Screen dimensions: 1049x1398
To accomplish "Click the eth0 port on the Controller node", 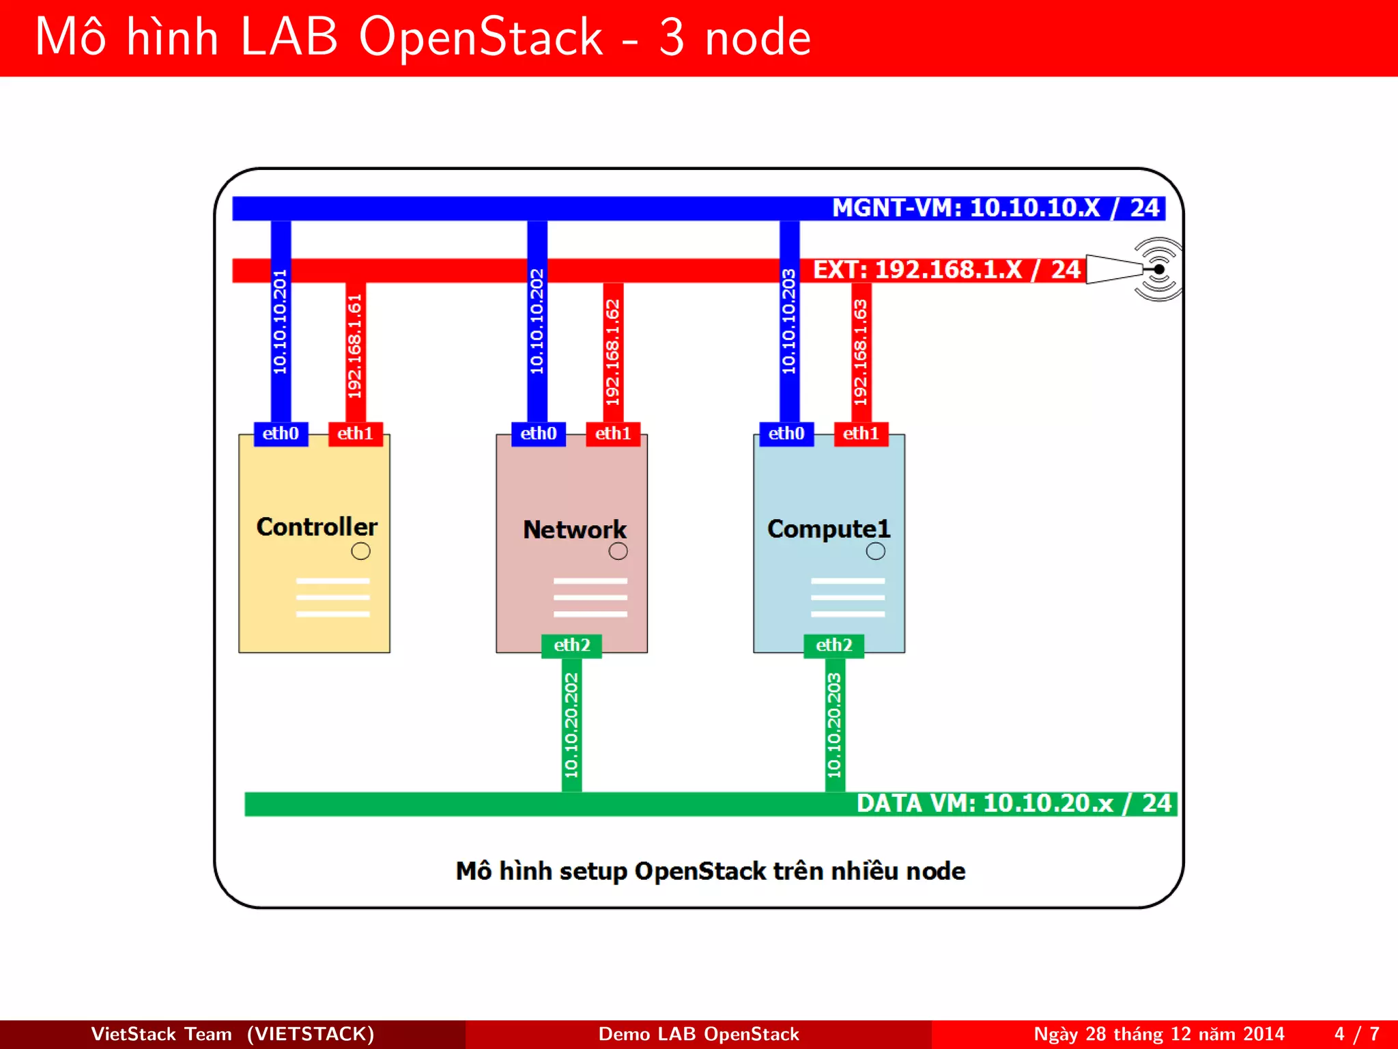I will click(x=281, y=434).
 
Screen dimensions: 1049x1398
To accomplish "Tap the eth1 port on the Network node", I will click(x=613, y=434).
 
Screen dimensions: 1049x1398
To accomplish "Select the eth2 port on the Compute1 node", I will click(x=833, y=645).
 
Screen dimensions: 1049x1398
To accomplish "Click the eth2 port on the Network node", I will click(x=571, y=645).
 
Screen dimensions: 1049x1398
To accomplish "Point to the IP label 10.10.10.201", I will click(x=281, y=322).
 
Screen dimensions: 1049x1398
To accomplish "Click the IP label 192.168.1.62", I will click(x=613, y=352).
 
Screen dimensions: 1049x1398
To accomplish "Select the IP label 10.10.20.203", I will click(x=834, y=725).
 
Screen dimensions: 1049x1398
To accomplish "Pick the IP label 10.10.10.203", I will click(x=789, y=322).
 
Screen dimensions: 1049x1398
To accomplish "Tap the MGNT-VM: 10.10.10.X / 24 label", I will click(x=995, y=208).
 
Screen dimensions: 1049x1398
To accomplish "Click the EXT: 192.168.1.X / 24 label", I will click(x=946, y=270).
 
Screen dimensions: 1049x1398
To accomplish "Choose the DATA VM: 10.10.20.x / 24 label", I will click(x=1014, y=804).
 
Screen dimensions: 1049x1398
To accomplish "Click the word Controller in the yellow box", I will click(x=317, y=527).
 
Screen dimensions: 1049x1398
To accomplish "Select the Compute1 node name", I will click(x=829, y=529).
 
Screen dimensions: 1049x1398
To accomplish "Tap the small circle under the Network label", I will click(x=618, y=551).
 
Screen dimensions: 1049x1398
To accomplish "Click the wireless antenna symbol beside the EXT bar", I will click(x=1158, y=269).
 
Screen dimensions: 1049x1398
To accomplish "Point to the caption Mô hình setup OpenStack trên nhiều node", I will click(x=710, y=871).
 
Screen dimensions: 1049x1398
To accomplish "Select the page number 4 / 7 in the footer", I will click(x=1356, y=1034).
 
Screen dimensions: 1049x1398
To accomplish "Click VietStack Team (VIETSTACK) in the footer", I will click(x=232, y=1034).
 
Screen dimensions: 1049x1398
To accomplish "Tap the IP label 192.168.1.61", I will click(x=355, y=346).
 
